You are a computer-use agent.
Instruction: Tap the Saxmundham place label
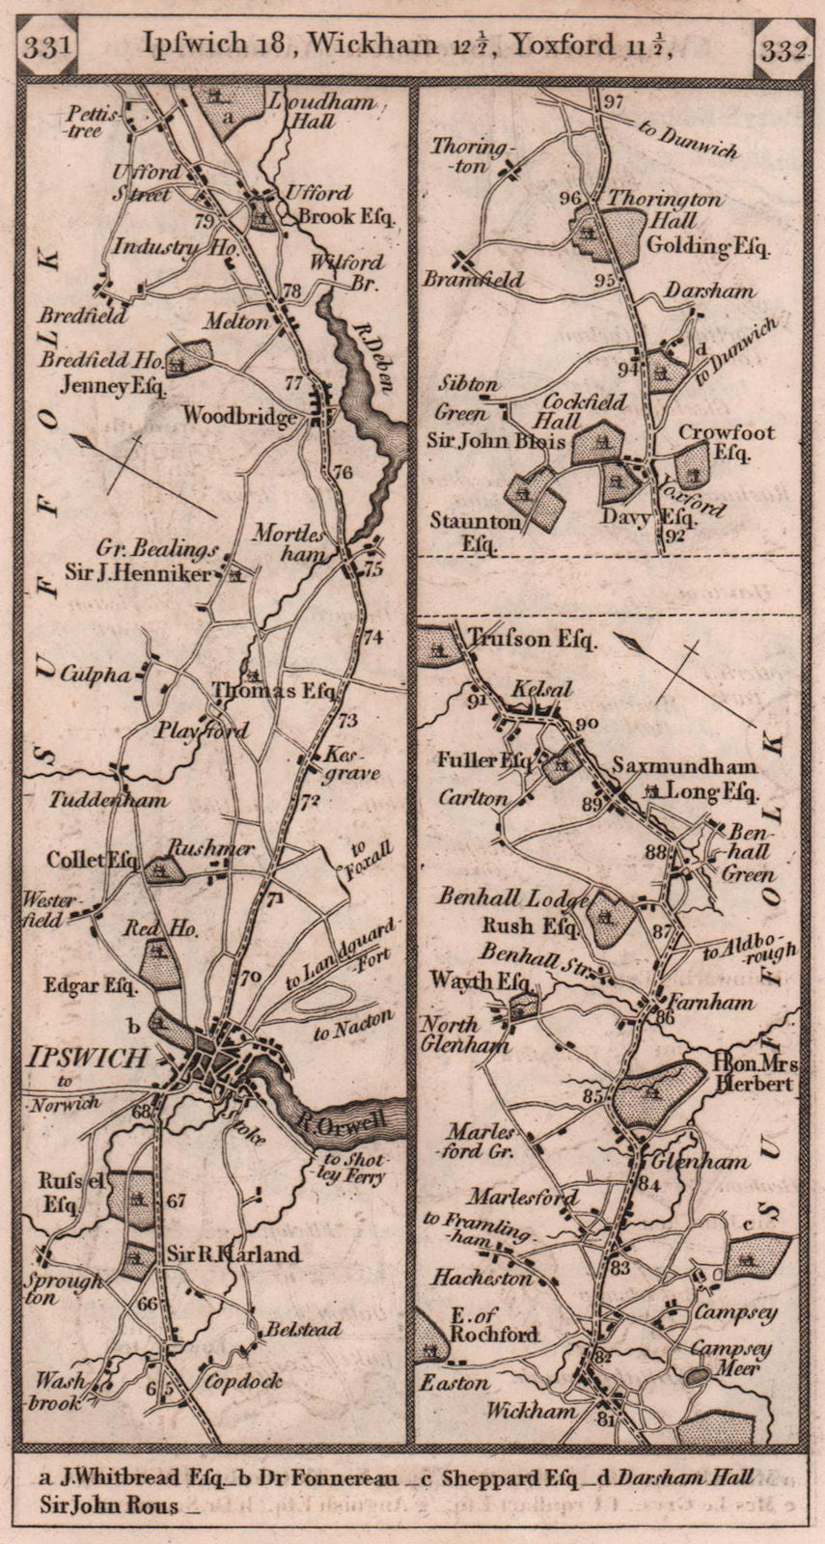click(685, 767)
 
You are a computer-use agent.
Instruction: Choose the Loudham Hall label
click(304, 111)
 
